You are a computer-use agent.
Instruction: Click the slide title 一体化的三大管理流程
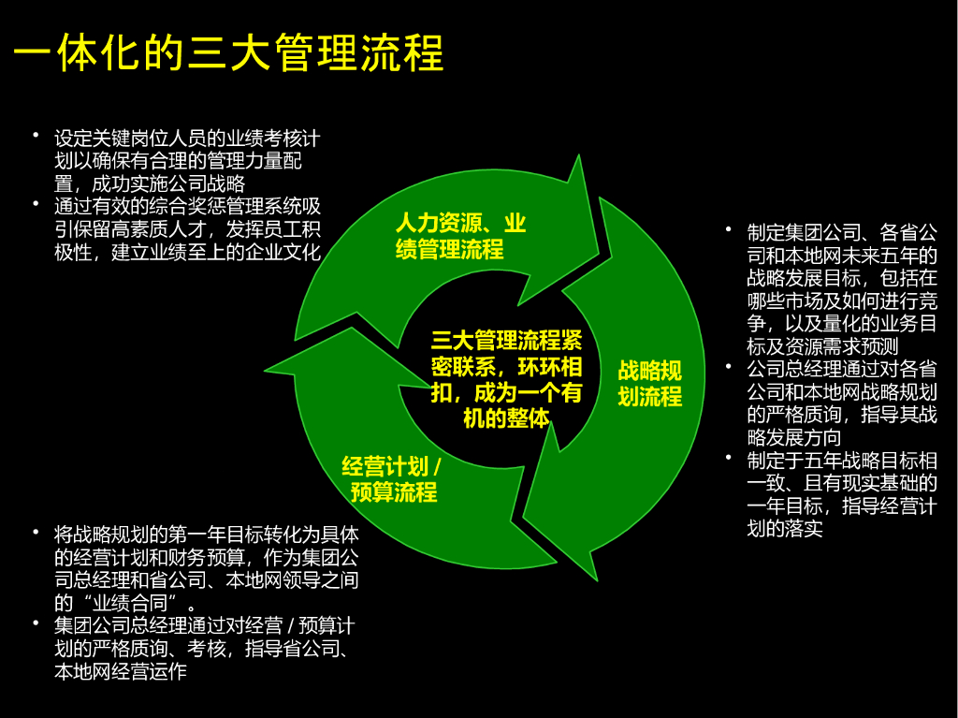[x=228, y=53]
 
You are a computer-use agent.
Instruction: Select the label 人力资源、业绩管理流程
[x=459, y=236]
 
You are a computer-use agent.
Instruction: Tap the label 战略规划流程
[x=649, y=383]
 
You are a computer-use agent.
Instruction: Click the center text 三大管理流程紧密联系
[x=506, y=378]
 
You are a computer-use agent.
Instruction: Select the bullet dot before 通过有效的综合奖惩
[x=36, y=204]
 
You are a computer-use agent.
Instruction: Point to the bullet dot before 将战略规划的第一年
[x=36, y=533]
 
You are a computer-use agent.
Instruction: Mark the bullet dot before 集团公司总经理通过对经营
[x=36, y=624]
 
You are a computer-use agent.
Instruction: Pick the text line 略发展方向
[x=794, y=437]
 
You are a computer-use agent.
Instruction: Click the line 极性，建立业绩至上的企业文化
[x=187, y=252]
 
